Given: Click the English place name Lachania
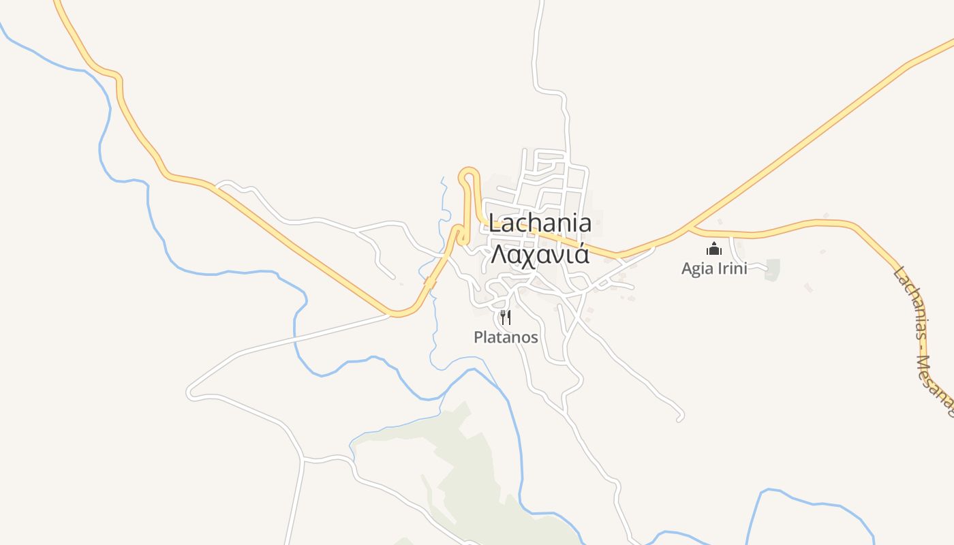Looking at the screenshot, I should click(540, 223).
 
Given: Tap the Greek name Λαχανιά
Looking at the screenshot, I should click(540, 254).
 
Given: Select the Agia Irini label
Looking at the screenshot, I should click(714, 268).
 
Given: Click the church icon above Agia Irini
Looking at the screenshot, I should click(714, 249).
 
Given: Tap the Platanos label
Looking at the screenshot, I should click(506, 337).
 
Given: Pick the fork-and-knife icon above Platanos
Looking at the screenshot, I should click(506, 317).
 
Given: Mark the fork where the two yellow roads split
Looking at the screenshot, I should click(690, 226).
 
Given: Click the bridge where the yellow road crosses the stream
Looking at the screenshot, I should click(431, 280).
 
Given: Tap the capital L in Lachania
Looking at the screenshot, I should click(495, 223).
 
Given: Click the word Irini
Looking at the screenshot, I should click(731, 268).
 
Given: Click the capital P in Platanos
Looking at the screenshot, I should click(478, 337).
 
